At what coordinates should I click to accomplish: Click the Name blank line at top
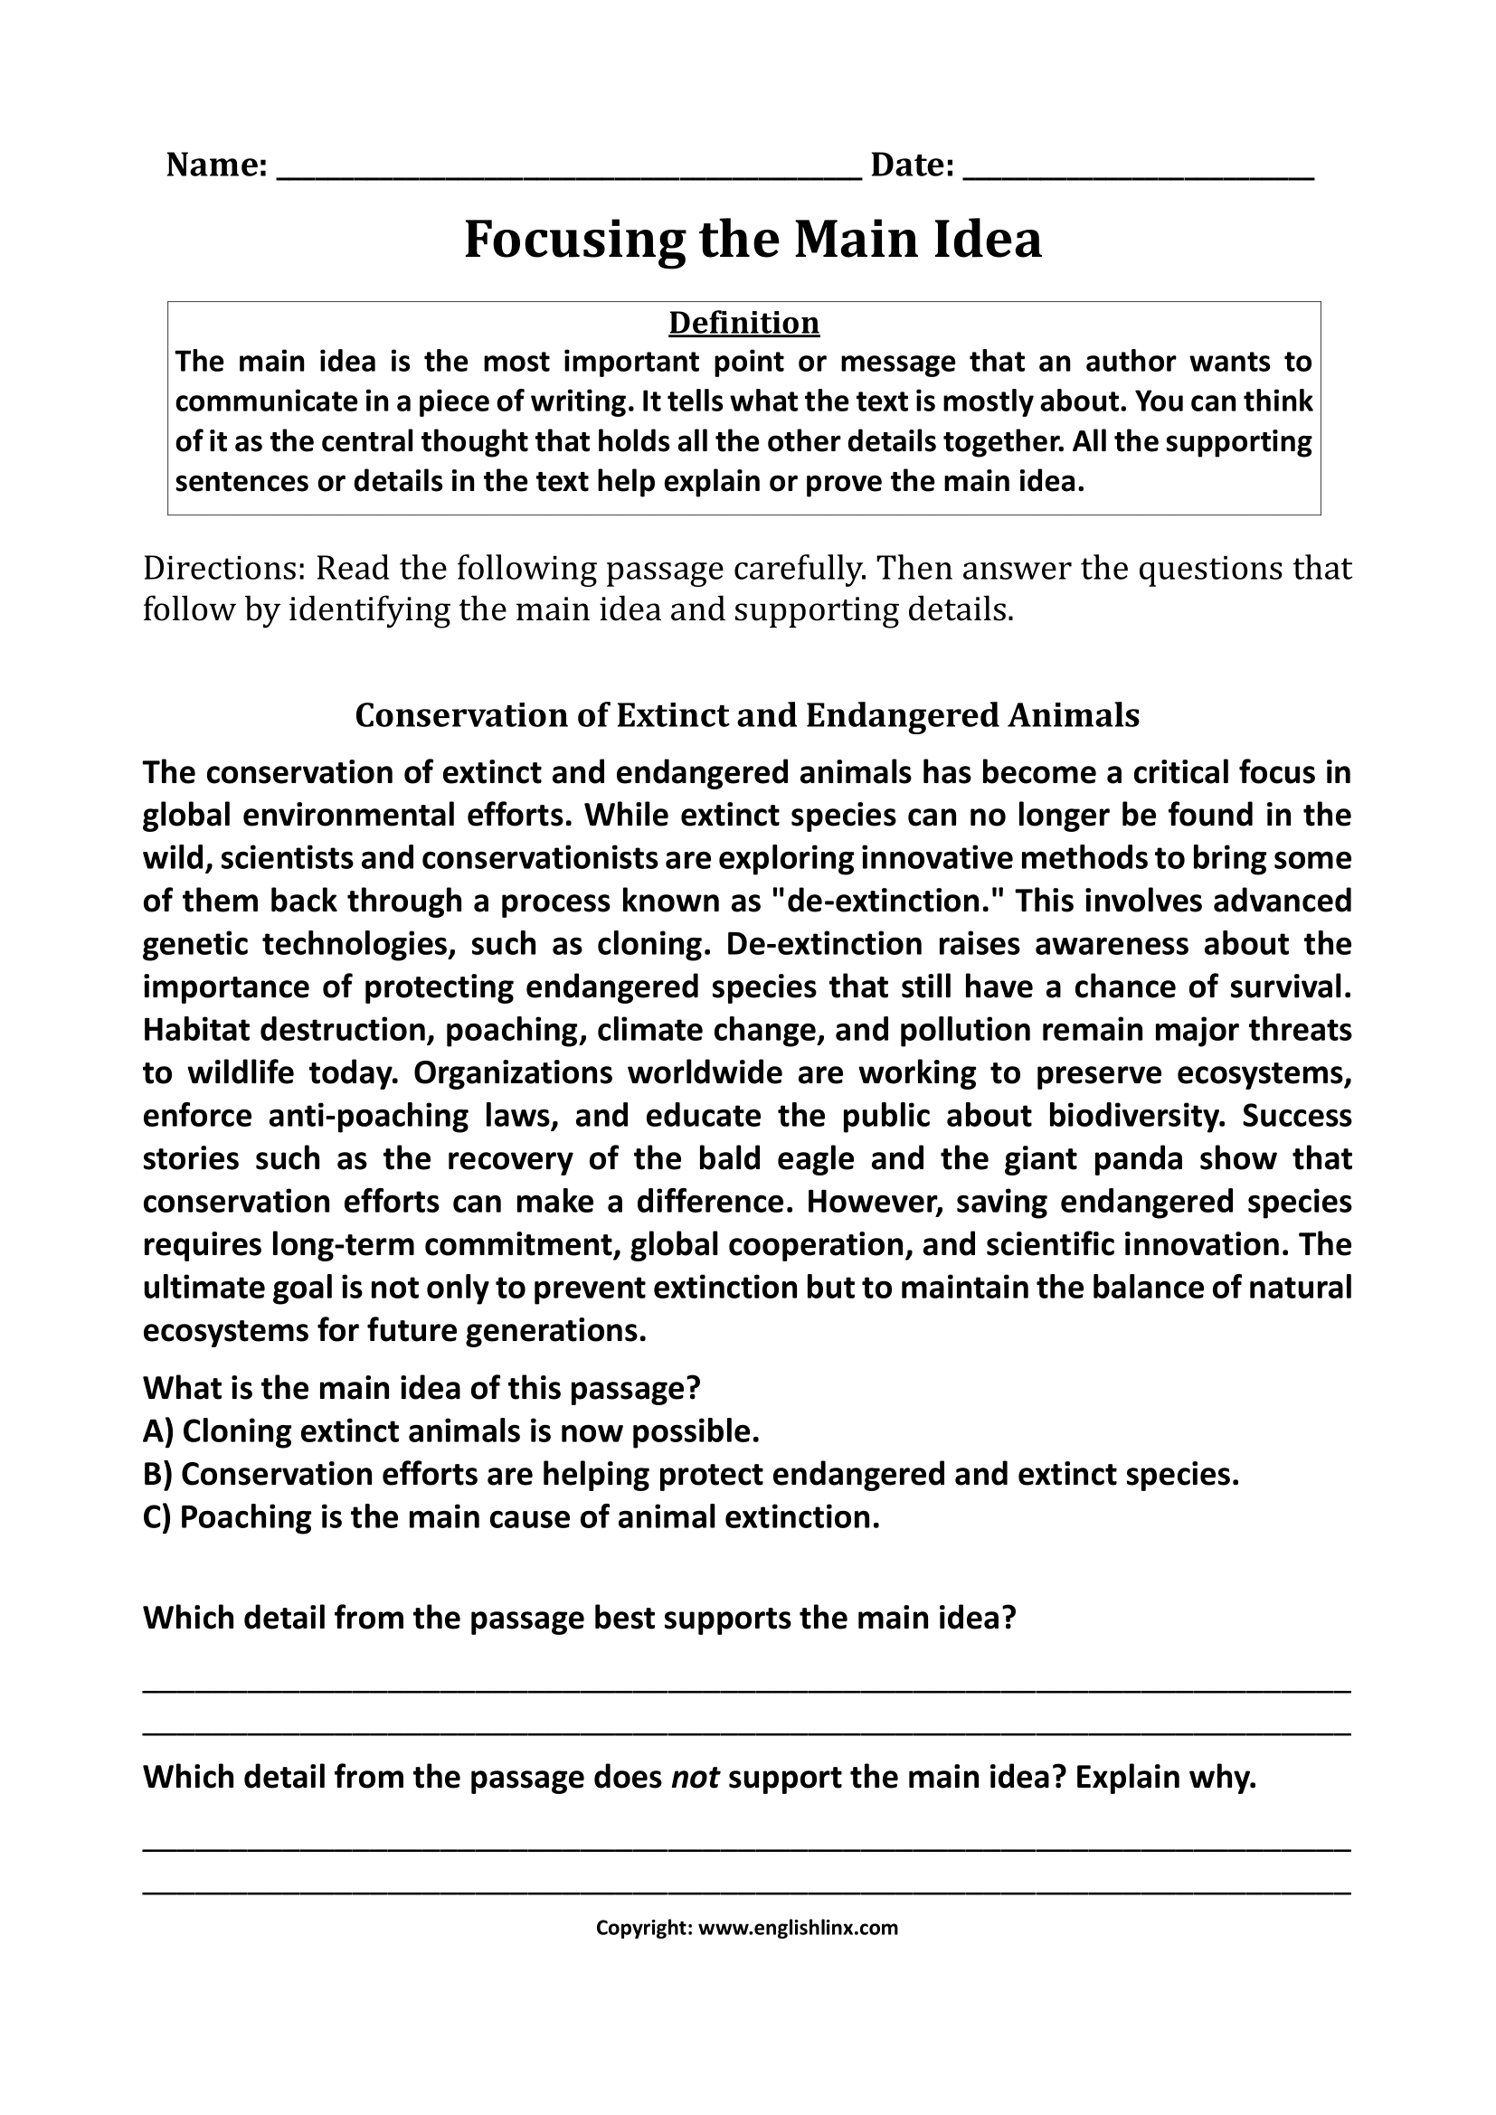tap(568, 175)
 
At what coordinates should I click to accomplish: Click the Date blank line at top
tap(1138, 175)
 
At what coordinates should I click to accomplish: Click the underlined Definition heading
tap(743, 323)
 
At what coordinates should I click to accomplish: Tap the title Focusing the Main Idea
tap(752, 240)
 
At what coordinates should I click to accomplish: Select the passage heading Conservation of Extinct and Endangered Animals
tap(747, 715)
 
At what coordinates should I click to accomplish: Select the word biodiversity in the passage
tap(1137, 1116)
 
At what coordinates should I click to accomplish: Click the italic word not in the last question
tap(695, 1777)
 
